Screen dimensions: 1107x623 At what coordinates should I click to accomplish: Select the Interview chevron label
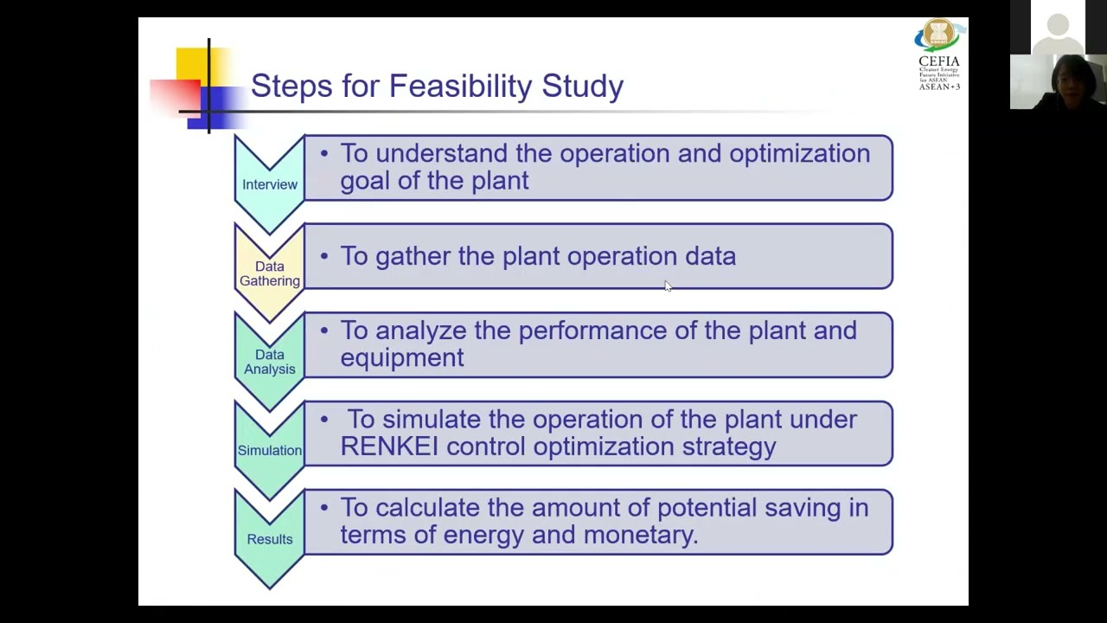pyautogui.click(x=270, y=184)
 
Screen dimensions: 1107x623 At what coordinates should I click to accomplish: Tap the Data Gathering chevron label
pyautogui.click(x=270, y=273)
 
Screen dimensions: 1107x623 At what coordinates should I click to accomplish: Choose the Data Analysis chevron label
pyautogui.click(x=270, y=362)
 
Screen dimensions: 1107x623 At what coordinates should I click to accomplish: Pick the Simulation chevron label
pyautogui.click(x=270, y=450)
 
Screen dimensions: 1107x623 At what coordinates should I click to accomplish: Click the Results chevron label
pyautogui.click(x=270, y=539)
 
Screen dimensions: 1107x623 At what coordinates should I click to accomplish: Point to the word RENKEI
pyautogui.click(x=389, y=446)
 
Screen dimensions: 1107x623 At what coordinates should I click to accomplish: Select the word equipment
pyautogui.click(x=401, y=358)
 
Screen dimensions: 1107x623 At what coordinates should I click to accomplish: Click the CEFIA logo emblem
pyautogui.click(x=938, y=35)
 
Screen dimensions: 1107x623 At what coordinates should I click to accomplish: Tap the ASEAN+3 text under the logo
pyautogui.click(x=939, y=87)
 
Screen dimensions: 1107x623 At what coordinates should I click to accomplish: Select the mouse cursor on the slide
pyautogui.click(x=668, y=286)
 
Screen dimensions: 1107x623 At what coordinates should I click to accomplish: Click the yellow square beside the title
pyautogui.click(x=192, y=64)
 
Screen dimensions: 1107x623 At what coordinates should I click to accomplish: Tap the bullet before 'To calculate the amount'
pyautogui.click(x=324, y=507)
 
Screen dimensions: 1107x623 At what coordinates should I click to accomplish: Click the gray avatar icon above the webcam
pyautogui.click(x=1058, y=26)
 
